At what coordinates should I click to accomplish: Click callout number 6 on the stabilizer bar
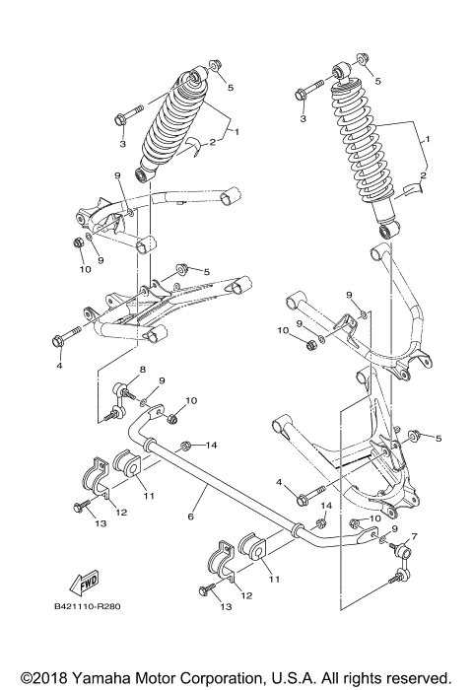(189, 516)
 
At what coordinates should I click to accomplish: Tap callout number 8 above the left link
(142, 370)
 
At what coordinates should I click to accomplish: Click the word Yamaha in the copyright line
(100, 678)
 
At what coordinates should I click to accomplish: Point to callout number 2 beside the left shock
(212, 142)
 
